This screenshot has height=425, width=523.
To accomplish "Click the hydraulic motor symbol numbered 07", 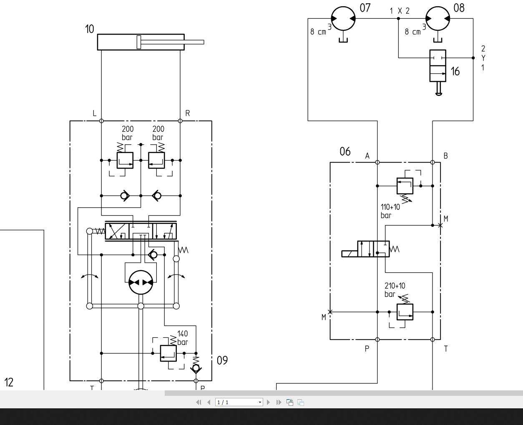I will point(343,19).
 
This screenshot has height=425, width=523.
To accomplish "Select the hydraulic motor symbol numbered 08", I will point(438,19).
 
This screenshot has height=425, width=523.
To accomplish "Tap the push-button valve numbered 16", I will point(438,66).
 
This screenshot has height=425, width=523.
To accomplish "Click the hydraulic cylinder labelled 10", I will point(141,42).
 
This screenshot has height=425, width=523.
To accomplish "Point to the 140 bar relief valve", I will point(168,353).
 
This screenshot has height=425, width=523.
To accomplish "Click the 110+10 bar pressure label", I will point(390,211).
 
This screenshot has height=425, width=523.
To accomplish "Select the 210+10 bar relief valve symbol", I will point(405,312).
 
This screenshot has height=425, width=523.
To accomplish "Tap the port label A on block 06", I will point(367,156).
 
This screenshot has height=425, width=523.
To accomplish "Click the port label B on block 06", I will point(445,156).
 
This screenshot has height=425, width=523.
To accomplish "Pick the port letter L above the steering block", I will point(95,113).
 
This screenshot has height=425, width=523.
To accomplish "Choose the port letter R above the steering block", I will point(188,113).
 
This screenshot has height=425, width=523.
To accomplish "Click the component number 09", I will point(222,360).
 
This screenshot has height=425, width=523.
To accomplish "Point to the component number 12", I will point(9,382).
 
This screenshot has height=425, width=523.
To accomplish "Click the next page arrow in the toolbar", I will point(268,402).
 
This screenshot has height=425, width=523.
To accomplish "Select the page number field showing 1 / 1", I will point(239,402).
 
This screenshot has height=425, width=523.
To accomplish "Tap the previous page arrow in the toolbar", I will point(209,402).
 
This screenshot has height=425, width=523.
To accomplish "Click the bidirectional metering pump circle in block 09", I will point(141,282).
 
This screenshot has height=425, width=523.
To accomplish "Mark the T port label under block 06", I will point(446,349).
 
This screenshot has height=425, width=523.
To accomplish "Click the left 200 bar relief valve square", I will point(125,160).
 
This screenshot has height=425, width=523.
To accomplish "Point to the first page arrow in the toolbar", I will point(199,402).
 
